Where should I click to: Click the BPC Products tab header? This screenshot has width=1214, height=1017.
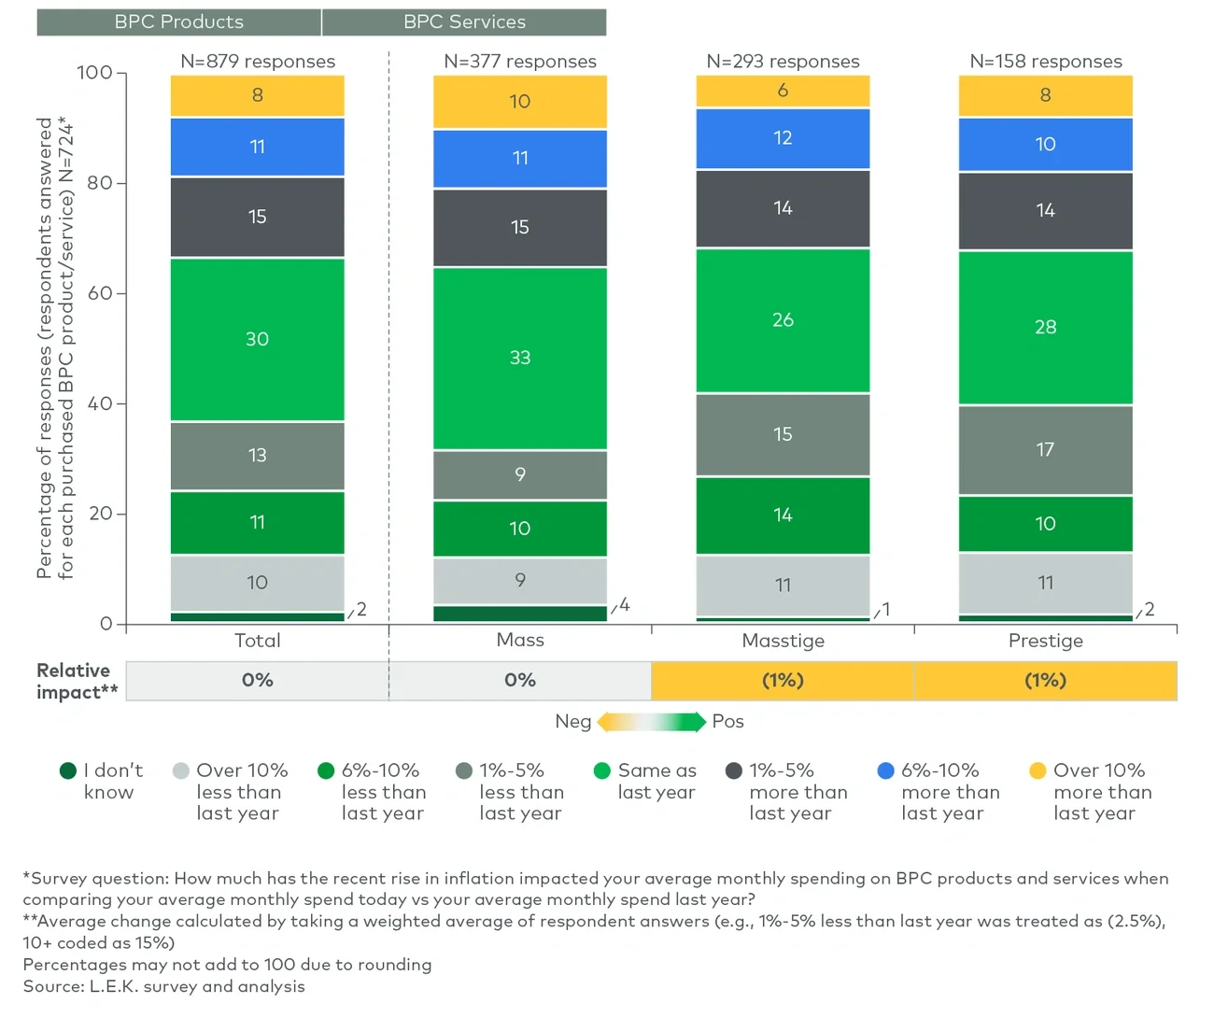click(x=178, y=21)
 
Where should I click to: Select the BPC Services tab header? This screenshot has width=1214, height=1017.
click(x=464, y=21)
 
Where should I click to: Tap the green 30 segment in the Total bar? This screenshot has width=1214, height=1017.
click(x=257, y=339)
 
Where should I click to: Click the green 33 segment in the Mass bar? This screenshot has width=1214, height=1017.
click(x=520, y=358)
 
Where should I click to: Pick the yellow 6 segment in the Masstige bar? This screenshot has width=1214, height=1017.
click(x=783, y=91)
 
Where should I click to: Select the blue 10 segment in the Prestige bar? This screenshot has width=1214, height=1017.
click(x=1045, y=145)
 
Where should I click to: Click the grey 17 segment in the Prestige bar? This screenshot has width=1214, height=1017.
click(x=1045, y=449)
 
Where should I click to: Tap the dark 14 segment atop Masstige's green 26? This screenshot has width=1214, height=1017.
click(x=783, y=208)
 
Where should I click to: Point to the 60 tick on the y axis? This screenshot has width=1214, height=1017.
click(x=100, y=293)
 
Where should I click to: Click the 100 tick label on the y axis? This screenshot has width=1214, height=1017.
click(x=94, y=73)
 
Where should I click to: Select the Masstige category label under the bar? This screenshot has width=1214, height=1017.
click(x=783, y=641)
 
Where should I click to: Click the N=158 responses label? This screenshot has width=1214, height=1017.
click(x=1045, y=62)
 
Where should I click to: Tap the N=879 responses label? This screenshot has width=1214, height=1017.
click(x=257, y=62)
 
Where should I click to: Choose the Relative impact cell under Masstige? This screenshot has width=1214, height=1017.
click(x=783, y=681)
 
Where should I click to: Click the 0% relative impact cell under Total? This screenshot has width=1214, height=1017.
click(x=257, y=681)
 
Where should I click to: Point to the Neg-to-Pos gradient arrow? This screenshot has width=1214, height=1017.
click(x=651, y=722)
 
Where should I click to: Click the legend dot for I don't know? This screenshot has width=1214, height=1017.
click(x=67, y=770)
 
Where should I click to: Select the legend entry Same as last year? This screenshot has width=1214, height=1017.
click(x=656, y=782)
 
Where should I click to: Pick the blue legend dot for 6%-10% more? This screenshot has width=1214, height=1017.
click(x=886, y=770)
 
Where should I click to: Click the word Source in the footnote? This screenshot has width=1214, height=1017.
click(x=52, y=986)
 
